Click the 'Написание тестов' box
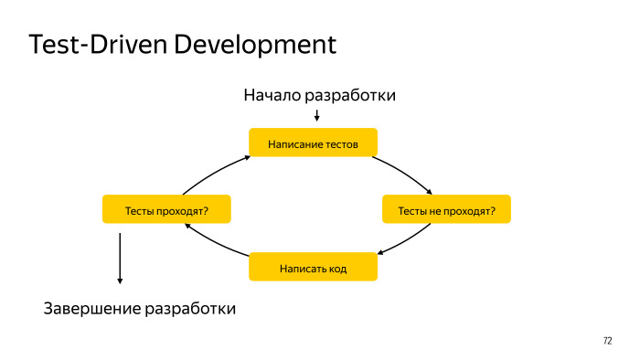tap(313, 144)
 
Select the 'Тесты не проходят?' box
tap(446, 210)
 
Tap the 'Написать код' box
tap(313, 268)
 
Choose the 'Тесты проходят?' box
tap(165, 210)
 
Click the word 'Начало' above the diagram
tap(272, 95)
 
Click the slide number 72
tap(608, 341)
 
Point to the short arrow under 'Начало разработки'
tap(316, 115)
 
